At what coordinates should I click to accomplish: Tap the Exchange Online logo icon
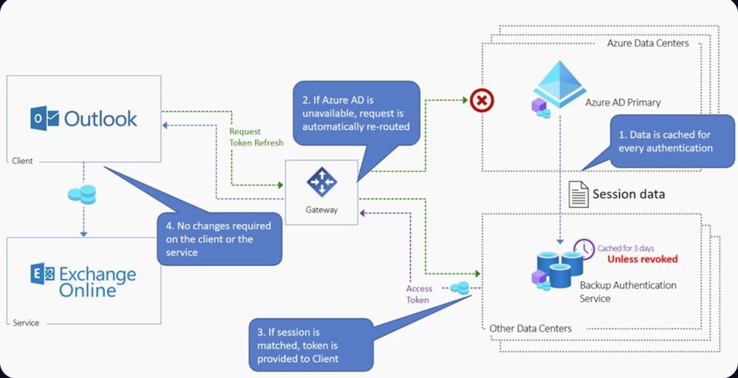point(42,275)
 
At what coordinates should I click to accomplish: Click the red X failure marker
point(482,99)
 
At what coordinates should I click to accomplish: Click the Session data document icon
point(578,194)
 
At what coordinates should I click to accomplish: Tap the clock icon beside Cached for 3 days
point(584,250)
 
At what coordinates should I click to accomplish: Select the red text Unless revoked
point(642,259)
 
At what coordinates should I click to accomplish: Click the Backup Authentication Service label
point(617,292)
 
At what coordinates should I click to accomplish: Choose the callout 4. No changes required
point(219,238)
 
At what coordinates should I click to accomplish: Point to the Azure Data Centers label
point(648,44)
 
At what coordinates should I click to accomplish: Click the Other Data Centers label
point(530,328)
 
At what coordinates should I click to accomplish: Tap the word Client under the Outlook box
point(24,159)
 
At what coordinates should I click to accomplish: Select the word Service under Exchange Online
point(26,323)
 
